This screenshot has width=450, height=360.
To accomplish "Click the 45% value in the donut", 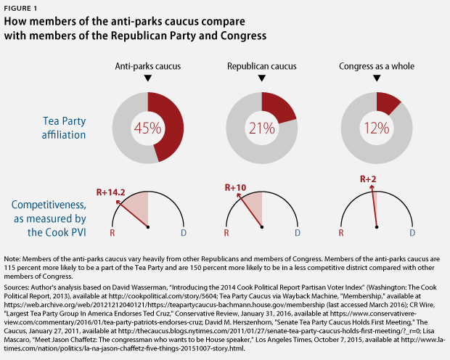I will click(147, 129).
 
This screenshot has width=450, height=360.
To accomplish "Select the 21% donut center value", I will click(262, 129).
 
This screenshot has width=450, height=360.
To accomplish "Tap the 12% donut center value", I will click(377, 129).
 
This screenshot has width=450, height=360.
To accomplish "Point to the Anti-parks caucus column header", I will click(147, 66).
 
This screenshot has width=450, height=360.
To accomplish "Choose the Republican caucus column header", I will click(262, 66).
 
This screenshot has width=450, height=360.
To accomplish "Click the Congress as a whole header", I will click(376, 66).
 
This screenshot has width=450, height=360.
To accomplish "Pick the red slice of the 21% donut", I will click(281, 107).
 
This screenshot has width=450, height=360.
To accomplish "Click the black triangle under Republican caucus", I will click(262, 78).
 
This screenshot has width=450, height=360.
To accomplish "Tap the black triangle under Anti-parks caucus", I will click(147, 78).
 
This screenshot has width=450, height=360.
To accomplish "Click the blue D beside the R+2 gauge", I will click(412, 234).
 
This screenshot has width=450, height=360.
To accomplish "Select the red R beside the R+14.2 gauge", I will click(112, 234).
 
